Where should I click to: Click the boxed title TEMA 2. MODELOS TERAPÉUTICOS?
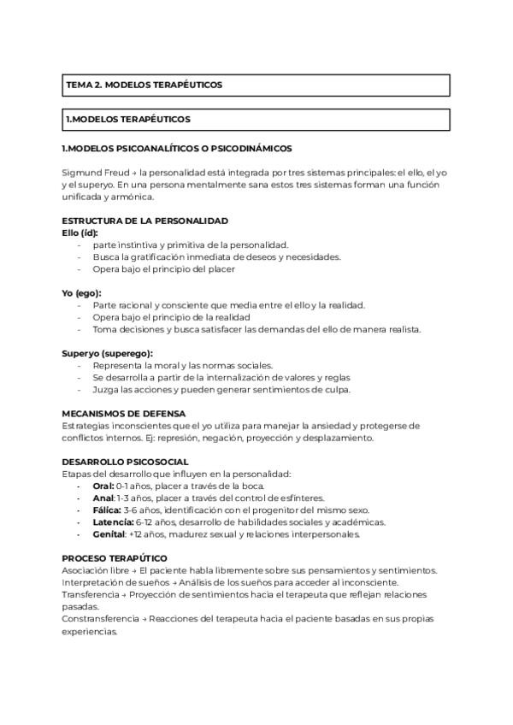pos(144,85)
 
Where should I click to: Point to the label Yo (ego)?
pos(81,293)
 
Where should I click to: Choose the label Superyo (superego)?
pos(107,353)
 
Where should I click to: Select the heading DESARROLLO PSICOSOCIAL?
pos(126,462)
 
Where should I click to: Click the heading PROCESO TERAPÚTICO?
pos(114,558)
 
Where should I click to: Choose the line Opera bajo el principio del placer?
pos(163,268)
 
